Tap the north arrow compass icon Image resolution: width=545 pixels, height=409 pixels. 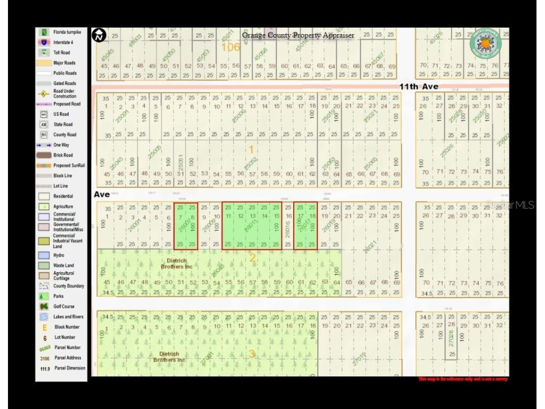click(x=99, y=36)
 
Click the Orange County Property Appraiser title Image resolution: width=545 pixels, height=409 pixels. click(x=298, y=35)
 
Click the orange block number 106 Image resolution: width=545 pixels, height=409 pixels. click(x=230, y=47)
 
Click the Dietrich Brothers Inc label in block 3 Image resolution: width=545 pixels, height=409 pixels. click(x=169, y=357)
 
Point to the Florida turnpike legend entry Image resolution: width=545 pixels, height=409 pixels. click(x=65, y=32)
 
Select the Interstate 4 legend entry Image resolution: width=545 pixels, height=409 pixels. click(x=63, y=43)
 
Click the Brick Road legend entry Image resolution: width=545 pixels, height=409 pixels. click(x=63, y=155)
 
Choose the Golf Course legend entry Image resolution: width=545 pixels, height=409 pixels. click(x=64, y=306)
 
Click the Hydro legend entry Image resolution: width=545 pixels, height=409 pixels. click(x=59, y=255)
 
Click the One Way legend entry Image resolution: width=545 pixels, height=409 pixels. click(x=61, y=145)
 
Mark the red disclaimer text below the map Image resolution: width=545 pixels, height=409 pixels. click(x=463, y=379)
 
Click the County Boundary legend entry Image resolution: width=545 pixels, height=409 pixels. click(x=68, y=286)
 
